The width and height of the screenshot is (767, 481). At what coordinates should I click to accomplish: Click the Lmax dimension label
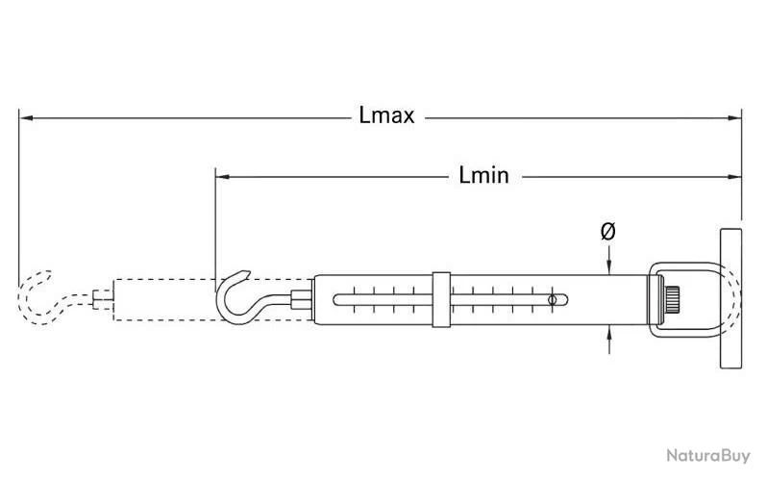pyautogui.click(x=386, y=117)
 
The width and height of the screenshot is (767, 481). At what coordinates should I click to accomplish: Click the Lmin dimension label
pyautogui.click(x=483, y=176)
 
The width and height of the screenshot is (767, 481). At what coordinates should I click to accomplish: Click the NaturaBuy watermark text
pyautogui.click(x=707, y=457)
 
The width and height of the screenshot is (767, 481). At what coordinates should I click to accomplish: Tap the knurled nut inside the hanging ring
pyautogui.click(x=671, y=299)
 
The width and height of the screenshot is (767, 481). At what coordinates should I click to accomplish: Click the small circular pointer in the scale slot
pyautogui.click(x=552, y=301)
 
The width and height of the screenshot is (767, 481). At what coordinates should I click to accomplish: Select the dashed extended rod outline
pyautogui.click(x=163, y=299)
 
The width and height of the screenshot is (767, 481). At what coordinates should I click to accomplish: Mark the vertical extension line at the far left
pyautogui.click(x=18, y=192)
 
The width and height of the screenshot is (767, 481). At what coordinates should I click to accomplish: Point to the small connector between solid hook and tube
pyautogui.click(x=302, y=300)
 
